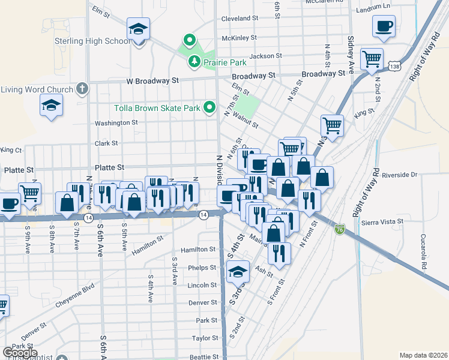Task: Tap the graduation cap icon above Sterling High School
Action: pos(139,29)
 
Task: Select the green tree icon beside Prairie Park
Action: pos(194,61)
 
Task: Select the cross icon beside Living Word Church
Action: pos(83,89)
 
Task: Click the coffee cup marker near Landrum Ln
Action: pos(384,26)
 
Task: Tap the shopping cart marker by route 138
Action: pos(372,59)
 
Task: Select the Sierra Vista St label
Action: pos(383,222)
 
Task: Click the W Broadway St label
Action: pos(152,80)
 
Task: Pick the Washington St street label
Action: pos(116,123)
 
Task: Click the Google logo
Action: pos(20,353)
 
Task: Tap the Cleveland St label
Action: pos(240,19)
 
